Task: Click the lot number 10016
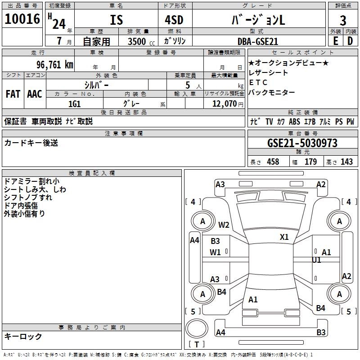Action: click(x=22, y=20)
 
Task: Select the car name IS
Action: click(x=116, y=20)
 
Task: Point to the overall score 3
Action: click(x=343, y=20)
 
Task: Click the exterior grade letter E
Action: click(x=335, y=40)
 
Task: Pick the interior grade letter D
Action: click(x=350, y=40)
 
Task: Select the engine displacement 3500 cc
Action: click(x=137, y=41)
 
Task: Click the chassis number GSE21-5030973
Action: click(x=302, y=143)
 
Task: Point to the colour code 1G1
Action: click(x=74, y=103)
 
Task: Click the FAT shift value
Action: click(x=13, y=94)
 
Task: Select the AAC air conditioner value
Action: click(x=35, y=94)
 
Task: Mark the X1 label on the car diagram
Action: click(x=284, y=237)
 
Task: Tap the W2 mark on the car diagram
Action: click(x=224, y=225)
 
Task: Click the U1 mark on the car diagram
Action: click(x=316, y=260)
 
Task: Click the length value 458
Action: click(x=273, y=162)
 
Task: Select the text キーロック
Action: click(x=23, y=336)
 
